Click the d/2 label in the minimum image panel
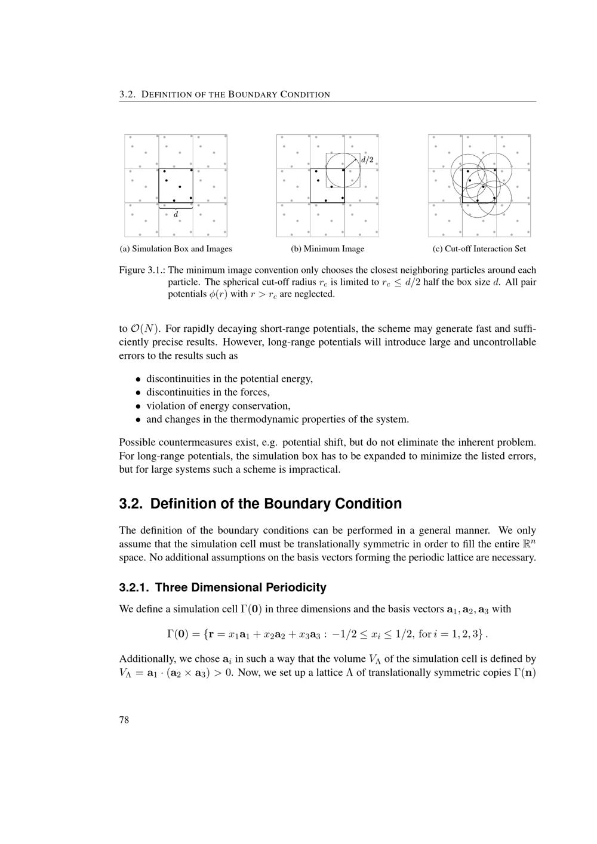coord(367,159)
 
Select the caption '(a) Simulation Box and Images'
coord(176,249)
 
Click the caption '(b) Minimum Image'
coord(327,249)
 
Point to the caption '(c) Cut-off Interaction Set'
coord(479,249)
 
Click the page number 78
coord(124,720)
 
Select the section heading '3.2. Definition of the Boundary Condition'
coord(260,504)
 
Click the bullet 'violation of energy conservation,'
coord(218,406)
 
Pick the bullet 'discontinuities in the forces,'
coord(208,392)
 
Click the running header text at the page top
coord(224,94)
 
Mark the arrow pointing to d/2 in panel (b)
coord(351,163)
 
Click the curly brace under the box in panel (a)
coord(176,208)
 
